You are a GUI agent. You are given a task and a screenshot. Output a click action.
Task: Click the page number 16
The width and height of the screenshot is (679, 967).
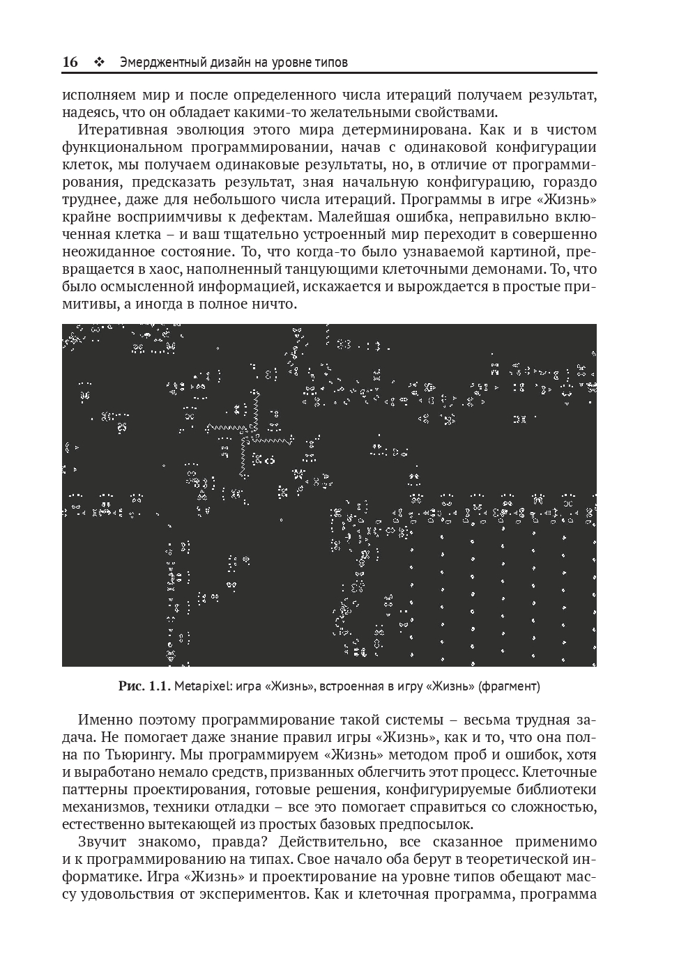point(70,62)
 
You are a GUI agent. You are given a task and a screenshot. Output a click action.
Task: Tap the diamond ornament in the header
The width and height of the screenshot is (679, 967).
point(98,62)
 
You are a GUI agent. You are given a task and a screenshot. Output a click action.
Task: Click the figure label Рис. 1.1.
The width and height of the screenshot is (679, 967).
point(144,686)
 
